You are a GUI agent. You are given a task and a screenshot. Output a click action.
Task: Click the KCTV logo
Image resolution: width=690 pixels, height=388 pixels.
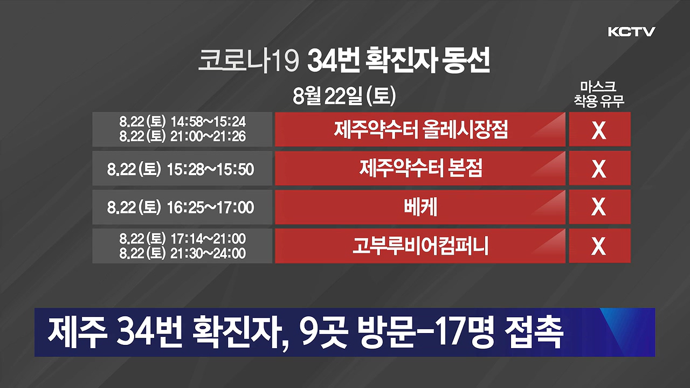click(631, 32)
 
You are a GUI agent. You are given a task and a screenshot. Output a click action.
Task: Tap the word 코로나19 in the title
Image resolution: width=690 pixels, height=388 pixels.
click(247, 61)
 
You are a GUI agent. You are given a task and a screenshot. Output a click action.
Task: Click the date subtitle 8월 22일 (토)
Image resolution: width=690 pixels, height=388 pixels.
click(344, 96)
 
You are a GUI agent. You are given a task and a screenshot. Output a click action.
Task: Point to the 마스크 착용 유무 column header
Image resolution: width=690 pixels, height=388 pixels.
click(599, 94)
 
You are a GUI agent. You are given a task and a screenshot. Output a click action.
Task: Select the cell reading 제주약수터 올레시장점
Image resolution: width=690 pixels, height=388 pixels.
click(420, 129)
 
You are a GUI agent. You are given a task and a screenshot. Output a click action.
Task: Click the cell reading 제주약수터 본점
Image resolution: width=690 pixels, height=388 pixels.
click(420, 169)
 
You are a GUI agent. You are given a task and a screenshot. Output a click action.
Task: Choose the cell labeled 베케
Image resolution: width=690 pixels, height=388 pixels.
click(420, 207)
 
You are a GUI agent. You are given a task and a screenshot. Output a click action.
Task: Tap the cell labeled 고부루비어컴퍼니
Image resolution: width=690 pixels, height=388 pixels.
click(420, 246)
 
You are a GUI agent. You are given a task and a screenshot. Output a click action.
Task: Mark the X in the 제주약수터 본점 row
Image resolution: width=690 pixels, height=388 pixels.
click(599, 169)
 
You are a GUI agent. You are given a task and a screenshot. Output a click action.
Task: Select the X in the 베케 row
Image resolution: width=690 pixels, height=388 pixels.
click(599, 207)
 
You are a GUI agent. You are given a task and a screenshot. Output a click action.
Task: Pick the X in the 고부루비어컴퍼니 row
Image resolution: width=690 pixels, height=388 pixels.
click(599, 247)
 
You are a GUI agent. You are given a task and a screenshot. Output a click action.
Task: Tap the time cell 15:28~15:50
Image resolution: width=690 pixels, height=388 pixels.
click(210, 169)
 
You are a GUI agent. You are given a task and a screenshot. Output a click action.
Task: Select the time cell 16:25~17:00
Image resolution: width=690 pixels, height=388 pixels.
click(210, 207)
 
